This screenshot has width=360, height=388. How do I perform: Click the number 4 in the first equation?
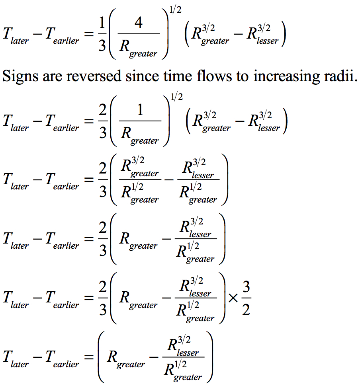(x=139, y=23)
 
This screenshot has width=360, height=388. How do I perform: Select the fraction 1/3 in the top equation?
(x=102, y=34)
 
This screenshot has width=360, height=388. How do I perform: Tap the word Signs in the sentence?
(x=21, y=77)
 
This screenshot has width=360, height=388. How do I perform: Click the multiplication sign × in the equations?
(x=233, y=298)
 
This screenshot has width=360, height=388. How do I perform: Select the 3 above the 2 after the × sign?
(x=246, y=287)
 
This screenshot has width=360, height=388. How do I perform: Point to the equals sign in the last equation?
(x=89, y=357)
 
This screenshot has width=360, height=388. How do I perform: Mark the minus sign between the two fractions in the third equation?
(x=169, y=179)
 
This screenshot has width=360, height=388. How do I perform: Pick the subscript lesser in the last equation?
(x=188, y=352)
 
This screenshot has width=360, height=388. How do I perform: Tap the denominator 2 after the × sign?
(x=246, y=310)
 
